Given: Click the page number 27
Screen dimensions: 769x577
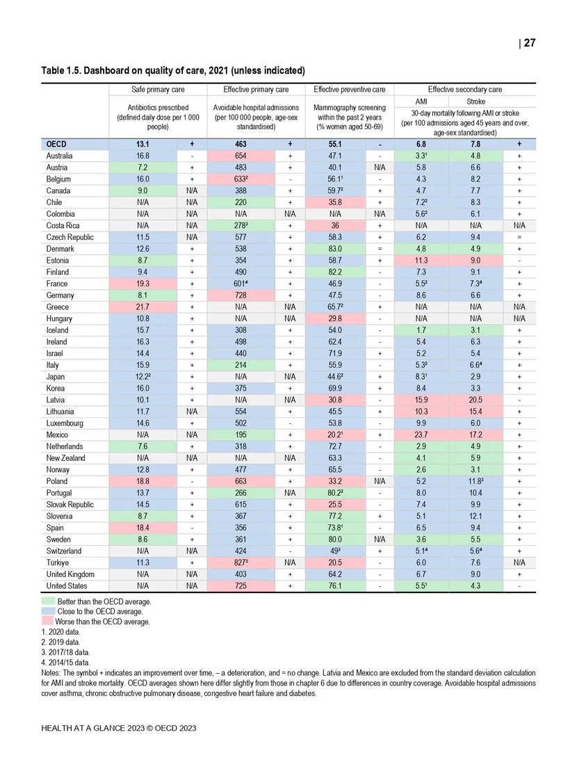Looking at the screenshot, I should pos(529,43).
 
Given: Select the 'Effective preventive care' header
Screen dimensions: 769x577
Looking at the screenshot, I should pos(349,89).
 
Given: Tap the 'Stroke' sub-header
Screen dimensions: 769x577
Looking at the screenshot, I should pos(476,101).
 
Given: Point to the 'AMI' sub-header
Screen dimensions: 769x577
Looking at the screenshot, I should pos(421,101).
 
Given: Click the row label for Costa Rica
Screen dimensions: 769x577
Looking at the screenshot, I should pos(61,226).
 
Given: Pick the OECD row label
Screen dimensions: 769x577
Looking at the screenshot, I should pos(56,145).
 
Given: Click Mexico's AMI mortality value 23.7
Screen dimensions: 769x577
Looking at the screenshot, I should pos(421,435).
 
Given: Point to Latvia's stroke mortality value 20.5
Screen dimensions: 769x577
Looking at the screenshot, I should pos(476,400).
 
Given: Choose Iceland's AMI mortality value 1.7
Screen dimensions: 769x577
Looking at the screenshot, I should pos(421,330).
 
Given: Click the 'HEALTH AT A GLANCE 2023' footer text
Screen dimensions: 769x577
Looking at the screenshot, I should pos(119,727).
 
